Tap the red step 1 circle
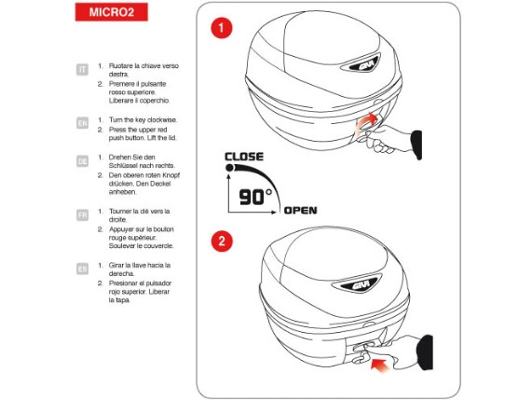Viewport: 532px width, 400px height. coord(221,29)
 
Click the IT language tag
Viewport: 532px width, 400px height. coord(81,69)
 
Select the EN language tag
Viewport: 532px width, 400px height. coord(81,122)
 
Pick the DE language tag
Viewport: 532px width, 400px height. coord(81,160)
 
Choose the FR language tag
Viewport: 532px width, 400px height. coord(81,214)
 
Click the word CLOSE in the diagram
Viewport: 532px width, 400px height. coord(243,156)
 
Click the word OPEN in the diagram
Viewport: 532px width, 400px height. coord(300,210)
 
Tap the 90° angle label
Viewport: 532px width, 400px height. coord(255,197)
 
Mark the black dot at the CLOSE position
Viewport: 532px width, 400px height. coord(227,170)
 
